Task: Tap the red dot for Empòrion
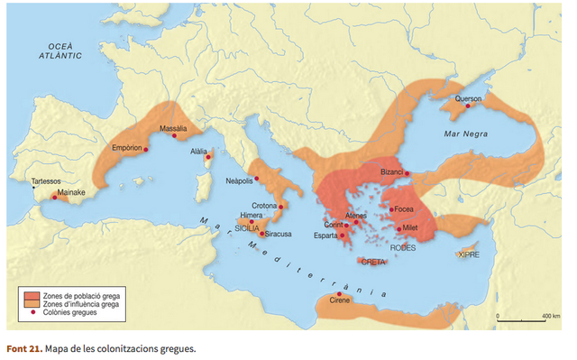click(145, 150)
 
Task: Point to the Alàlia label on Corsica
click(200, 152)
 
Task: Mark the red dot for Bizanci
click(408, 172)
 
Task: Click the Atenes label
click(356, 216)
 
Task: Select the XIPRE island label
click(469, 254)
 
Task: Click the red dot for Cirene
click(339, 295)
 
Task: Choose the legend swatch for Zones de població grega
click(32, 295)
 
